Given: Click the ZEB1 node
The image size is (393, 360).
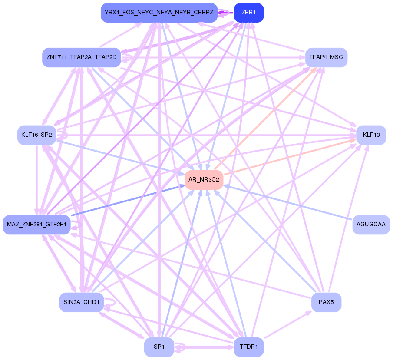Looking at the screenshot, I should pyautogui.click(x=248, y=13).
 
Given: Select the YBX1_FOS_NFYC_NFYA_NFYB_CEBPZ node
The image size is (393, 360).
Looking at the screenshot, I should pyautogui.click(x=159, y=13).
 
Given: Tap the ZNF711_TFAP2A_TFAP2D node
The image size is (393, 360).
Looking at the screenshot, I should pyautogui.click(x=81, y=57).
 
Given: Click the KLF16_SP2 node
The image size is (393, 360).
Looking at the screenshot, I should pyautogui.click(x=36, y=135).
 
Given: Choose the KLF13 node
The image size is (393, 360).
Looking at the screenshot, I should pyautogui.click(x=371, y=135).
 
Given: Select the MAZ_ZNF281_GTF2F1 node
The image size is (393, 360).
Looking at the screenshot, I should pyautogui.click(x=36, y=225).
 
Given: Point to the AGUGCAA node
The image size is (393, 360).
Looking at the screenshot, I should pyautogui.click(x=371, y=225).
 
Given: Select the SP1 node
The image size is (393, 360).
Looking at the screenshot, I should pyautogui.click(x=159, y=347).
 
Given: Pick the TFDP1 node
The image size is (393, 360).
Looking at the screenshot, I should pyautogui.click(x=248, y=347).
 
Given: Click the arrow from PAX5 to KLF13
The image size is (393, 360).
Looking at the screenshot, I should pyautogui.click(x=347, y=221).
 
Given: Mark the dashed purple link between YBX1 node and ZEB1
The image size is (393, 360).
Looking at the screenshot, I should pyautogui.click(x=225, y=13).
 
